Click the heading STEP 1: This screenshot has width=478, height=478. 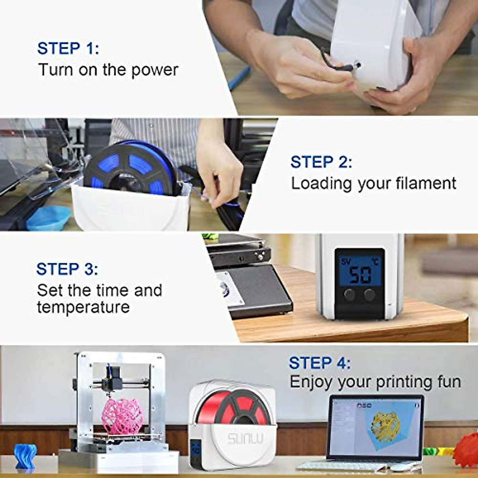click(x=68, y=49)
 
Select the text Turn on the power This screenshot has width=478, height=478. click(x=108, y=70)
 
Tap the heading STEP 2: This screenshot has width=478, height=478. click(x=321, y=162)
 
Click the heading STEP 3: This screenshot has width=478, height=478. click(x=67, y=269)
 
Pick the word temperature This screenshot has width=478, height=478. click(x=83, y=307)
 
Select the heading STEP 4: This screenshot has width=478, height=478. click(x=319, y=363)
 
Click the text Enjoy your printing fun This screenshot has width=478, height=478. click(x=375, y=382)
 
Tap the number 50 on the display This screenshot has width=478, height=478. click(x=360, y=275)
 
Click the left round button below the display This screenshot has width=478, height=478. click(x=350, y=295)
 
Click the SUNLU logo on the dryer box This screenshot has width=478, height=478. click(x=245, y=439)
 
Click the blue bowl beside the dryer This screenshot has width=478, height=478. click(x=48, y=219)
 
